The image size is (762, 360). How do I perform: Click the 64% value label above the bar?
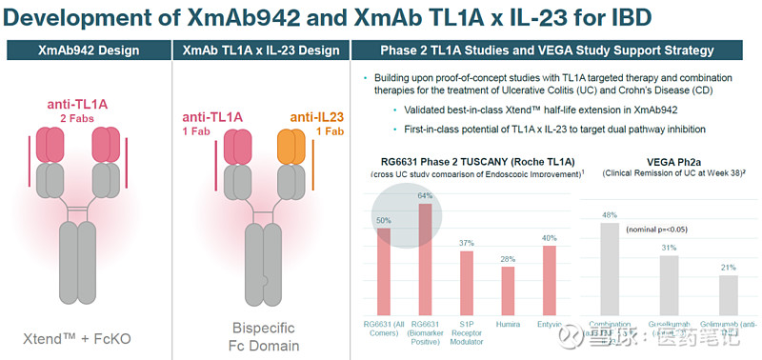[x=425, y=196]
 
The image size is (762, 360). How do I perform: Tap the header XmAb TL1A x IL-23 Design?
[x=260, y=50]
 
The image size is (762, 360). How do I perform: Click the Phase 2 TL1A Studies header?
[x=557, y=50]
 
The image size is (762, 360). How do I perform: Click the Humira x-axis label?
[x=508, y=324]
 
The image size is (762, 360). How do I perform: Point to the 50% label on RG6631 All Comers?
[x=382, y=220]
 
